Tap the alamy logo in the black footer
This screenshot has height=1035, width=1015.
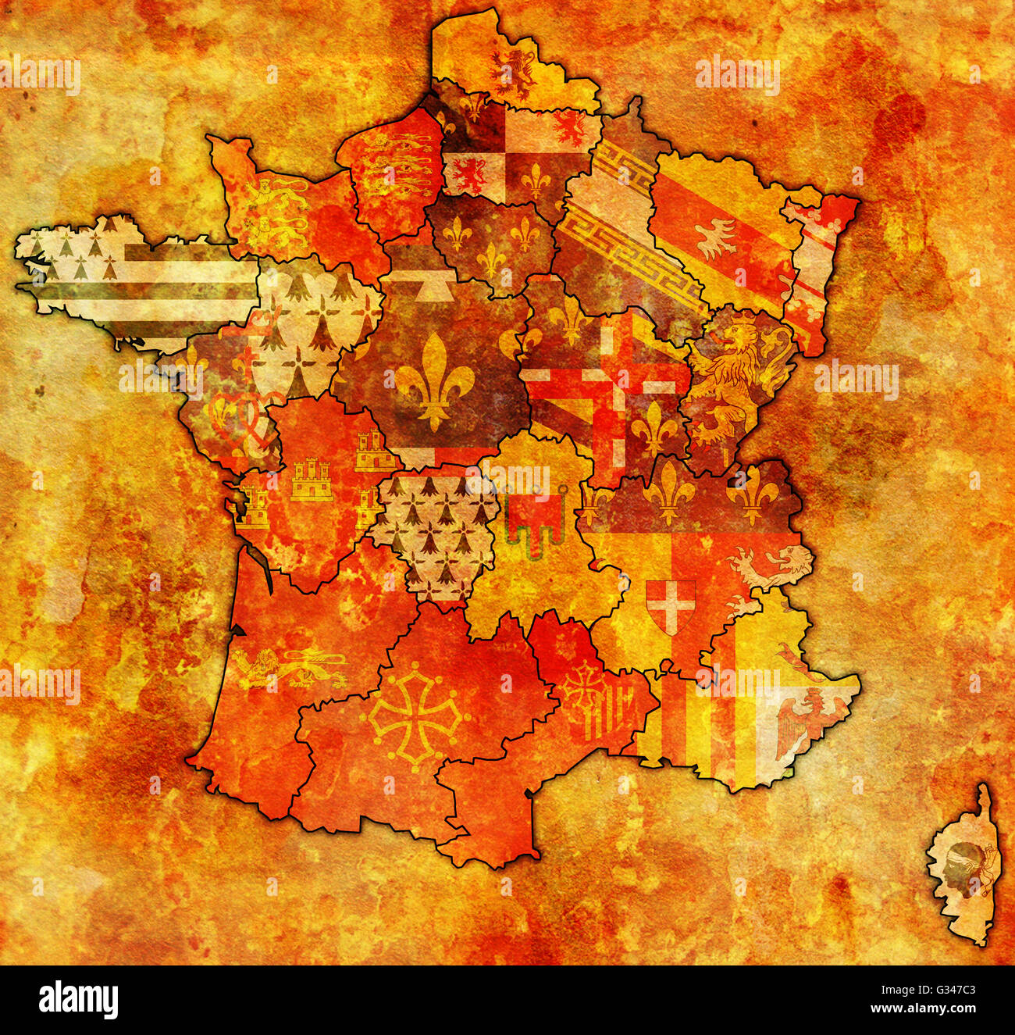click(79, 999)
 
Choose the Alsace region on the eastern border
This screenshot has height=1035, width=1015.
click(817, 266)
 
